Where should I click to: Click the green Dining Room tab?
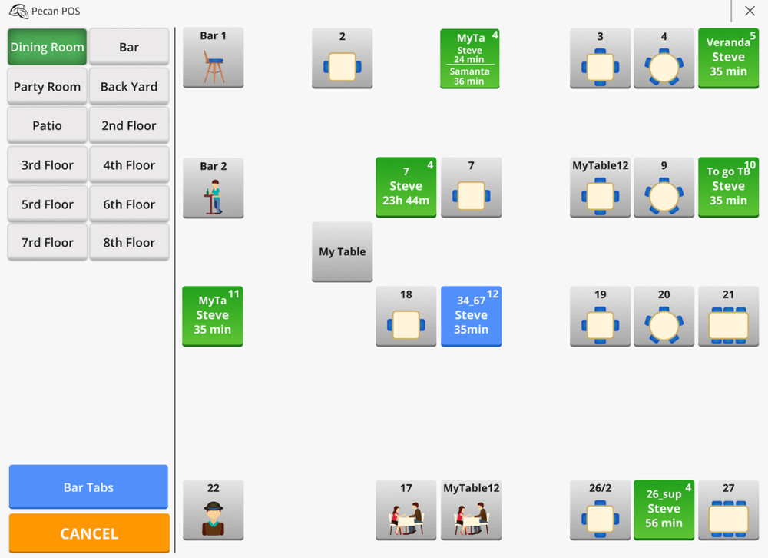47,47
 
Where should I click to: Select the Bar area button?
129,47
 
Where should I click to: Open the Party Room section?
47,86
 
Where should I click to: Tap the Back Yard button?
129,86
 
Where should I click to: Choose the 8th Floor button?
129,242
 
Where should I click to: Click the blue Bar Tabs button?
88,487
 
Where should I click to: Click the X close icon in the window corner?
750,11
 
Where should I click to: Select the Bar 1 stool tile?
213,58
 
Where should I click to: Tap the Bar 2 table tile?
213,188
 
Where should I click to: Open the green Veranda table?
728,58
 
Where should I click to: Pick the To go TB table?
728,188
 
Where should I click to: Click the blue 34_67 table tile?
471,316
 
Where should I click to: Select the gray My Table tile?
342,252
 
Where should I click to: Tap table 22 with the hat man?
213,510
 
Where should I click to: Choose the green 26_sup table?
664,510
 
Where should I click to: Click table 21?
728,316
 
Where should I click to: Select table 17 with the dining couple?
406,510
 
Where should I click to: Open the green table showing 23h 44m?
406,188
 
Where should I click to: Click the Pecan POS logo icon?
18,12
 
